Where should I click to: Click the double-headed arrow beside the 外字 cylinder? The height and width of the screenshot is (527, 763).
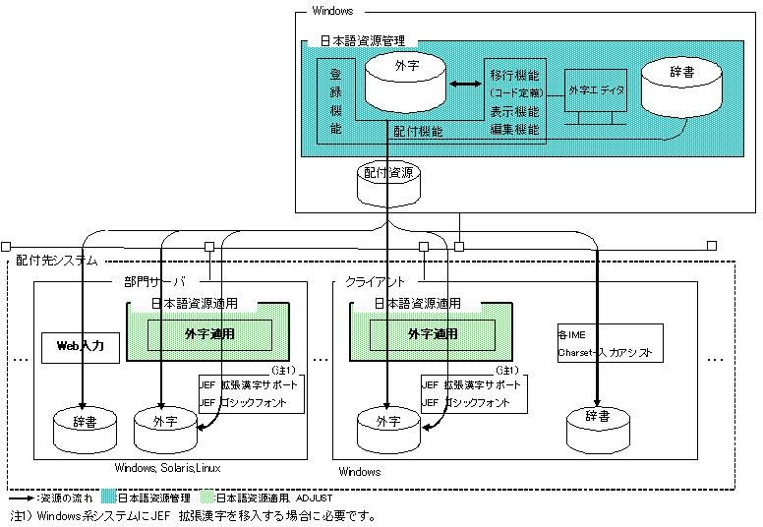(463, 86)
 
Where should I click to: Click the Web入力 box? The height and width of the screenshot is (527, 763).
(79, 345)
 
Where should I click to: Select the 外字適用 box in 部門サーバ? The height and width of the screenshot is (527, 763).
(210, 334)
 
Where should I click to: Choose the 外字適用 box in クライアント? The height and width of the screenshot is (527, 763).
(433, 334)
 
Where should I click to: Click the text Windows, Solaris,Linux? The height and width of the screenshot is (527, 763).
(167, 468)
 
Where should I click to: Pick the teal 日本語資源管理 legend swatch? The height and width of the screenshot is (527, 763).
(108, 498)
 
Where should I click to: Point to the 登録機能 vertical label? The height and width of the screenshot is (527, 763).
(335, 99)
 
